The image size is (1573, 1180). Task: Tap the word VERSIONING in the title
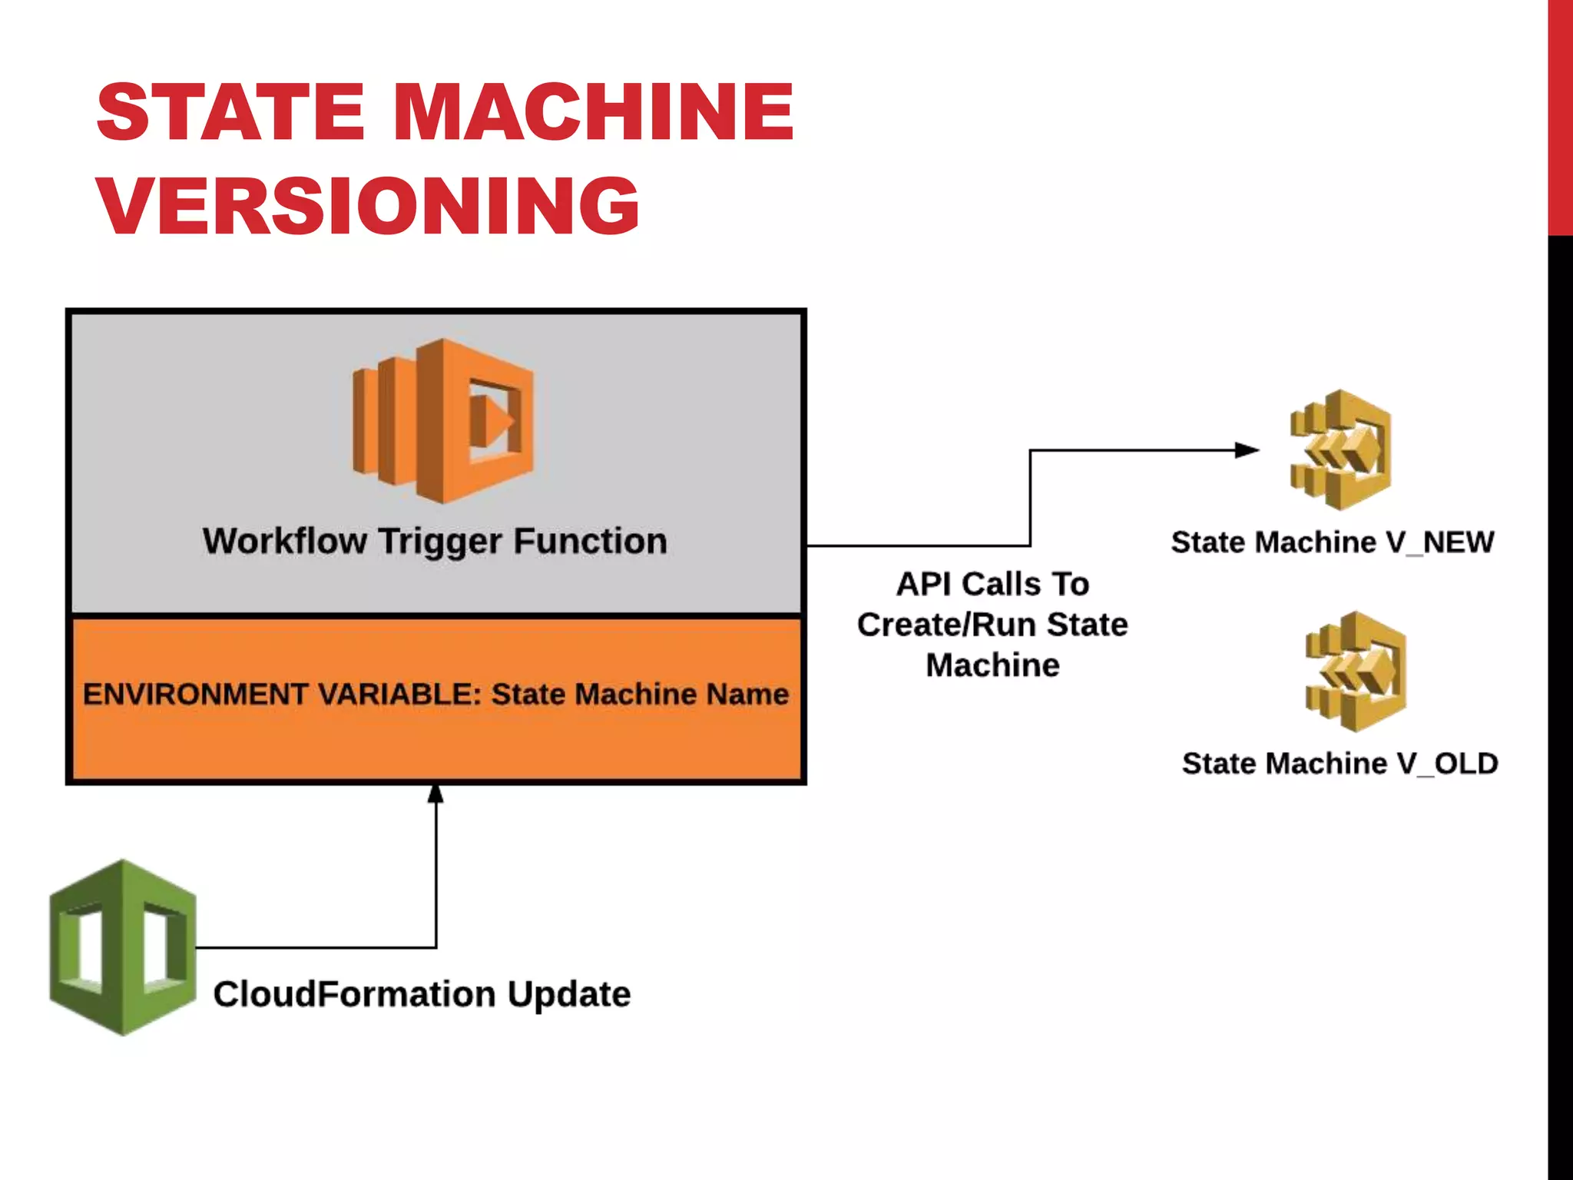368,205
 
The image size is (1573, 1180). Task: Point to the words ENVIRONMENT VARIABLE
281,694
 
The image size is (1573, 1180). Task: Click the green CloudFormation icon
122,946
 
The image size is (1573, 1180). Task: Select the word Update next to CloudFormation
569,993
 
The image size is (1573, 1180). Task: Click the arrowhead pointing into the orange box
435,794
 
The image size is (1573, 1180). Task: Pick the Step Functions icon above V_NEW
1340,450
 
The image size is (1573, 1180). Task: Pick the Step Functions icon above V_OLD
1356,671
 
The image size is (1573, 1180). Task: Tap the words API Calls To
992,584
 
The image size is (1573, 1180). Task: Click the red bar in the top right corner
1560,115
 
